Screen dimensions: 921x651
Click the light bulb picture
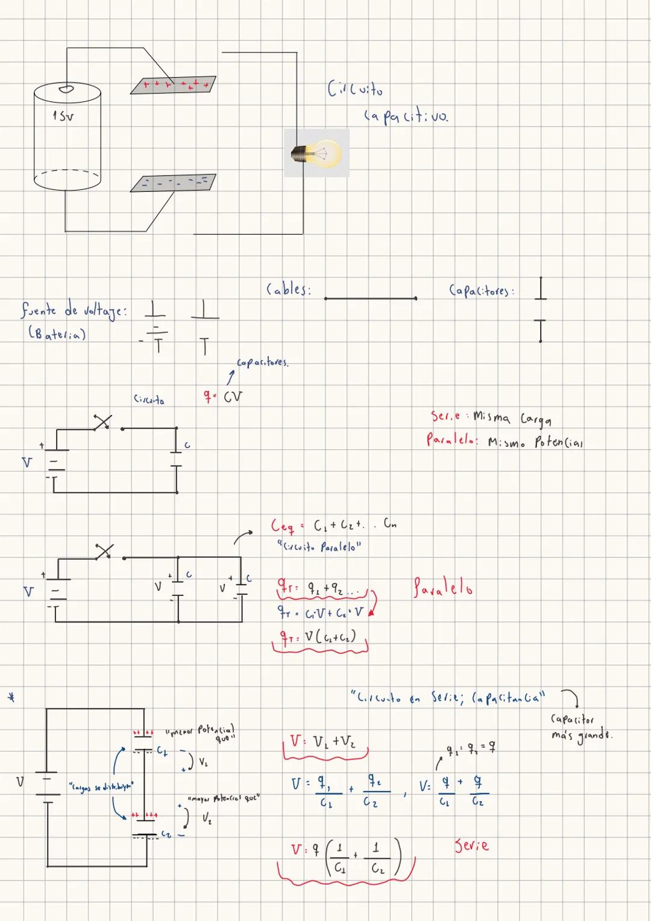tap(317, 153)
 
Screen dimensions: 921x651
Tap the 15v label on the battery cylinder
tap(63, 115)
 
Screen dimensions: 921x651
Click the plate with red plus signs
tap(174, 84)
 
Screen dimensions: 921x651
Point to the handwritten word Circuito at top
tap(355, 89)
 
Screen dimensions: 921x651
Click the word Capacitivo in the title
tap(406, 116)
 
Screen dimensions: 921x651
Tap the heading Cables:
tap(289, 290)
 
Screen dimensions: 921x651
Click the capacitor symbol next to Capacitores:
tap(540, 309)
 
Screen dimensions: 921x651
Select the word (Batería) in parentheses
tap(57, 334)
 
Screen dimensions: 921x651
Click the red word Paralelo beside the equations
tap(443, 587)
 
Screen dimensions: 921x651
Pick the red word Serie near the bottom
tap(471, 845)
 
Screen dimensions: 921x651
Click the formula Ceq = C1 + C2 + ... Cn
tap(333, 525)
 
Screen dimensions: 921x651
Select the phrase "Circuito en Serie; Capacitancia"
tap(447, 698)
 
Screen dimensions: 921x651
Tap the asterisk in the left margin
tap(11, 698)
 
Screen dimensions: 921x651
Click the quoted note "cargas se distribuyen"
tap(101, 786)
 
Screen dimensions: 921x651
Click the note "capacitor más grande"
tap(580, 727)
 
